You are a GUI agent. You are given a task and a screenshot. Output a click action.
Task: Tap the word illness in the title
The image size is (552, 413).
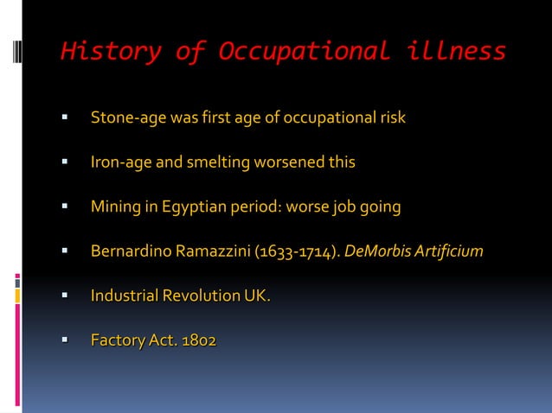pos(455,51)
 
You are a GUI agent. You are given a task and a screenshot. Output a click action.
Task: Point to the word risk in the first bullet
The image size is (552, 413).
pos(390,118)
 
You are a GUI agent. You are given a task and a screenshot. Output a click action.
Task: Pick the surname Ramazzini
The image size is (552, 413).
pos(212,252)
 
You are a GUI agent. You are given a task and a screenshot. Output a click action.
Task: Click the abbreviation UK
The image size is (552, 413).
pos(257,296)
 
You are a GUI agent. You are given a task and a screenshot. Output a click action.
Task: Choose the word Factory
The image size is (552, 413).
pos(117,341)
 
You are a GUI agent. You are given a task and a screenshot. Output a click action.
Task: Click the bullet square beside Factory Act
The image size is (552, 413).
pos(64,341)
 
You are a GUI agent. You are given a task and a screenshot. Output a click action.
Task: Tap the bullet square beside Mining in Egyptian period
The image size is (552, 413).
pos(64,207)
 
